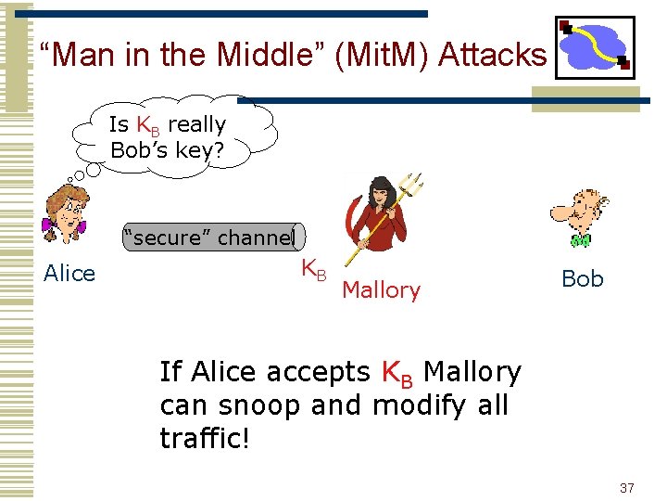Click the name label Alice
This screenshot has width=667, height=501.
pos(69,274)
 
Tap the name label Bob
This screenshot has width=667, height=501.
pos(583,278)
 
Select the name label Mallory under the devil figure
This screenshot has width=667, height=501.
pos(381,290)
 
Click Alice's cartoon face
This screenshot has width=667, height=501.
pos(66,209)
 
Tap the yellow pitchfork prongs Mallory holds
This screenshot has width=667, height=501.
pos(409,185)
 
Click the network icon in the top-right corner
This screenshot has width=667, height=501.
pos(594,46)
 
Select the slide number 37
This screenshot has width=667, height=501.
pos(626,488)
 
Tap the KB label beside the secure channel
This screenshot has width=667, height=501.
pos(313,270)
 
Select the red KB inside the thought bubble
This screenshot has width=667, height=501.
pos(148,125)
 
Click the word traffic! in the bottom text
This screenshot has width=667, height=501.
pos(205,438)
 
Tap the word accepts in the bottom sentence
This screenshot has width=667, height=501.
pos(318,372)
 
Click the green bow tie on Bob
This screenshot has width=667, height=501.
pos(581,240)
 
